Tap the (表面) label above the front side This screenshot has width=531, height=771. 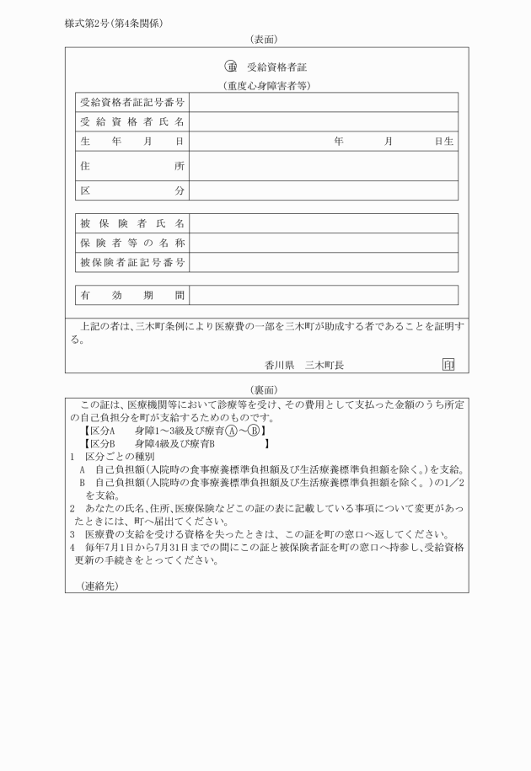(265, 40)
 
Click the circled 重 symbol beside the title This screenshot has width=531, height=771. (230, 67)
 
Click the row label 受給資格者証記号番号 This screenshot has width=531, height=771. (132, 102)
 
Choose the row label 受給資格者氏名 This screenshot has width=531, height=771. (132, 122)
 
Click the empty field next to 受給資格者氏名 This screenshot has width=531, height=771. (324, 122)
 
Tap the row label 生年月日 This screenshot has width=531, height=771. (132, 142)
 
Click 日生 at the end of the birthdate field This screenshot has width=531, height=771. (444, 142)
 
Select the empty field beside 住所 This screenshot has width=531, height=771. (324, 166)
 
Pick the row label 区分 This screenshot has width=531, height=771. (132, 191)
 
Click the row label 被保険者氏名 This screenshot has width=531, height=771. (132, 223)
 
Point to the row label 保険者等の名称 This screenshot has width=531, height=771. (132, 244)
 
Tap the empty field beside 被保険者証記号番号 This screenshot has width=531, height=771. (324, 264)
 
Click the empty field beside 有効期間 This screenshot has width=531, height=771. (324, 296)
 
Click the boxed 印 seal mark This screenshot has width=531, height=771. (448, 365)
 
